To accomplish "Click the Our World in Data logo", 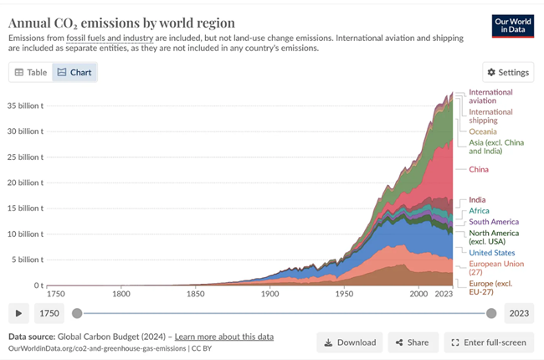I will (513, 26).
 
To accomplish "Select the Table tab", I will (31, 73).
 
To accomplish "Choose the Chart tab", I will (74, 73).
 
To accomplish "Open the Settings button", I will (508, 73).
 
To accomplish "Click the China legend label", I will (479, 170).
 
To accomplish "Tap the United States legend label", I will (491, 253).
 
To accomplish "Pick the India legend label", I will (477, 200).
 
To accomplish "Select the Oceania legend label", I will (482, 131).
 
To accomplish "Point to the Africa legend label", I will (479, 211).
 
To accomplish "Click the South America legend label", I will (494, 222).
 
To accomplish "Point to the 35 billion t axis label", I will (26, 105).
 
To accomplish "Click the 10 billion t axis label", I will (26, 234).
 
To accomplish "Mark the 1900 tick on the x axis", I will (269, 294).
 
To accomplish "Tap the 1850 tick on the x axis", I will (195, 294).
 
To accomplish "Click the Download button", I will (350, 342).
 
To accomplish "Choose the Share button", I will (412, 342).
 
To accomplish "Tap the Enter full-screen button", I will (489, 342).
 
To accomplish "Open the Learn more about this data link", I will (225, 337).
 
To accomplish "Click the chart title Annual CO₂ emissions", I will (121, 23).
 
